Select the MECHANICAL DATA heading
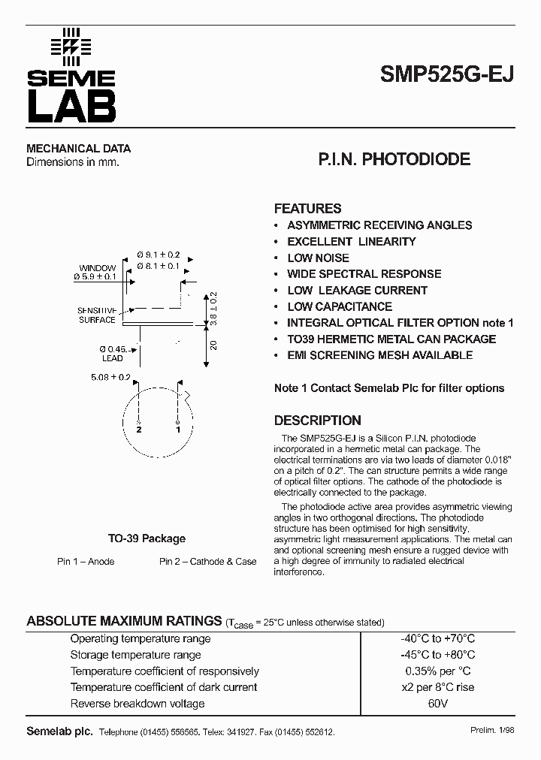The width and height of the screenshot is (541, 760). pos(78,149)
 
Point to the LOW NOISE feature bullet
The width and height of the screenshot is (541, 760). pos(318,258)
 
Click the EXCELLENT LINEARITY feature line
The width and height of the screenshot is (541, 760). pos(351,241)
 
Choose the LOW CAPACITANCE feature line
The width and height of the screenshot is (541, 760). pos(340,306)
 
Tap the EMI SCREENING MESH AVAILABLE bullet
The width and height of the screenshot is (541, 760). pos(379,355)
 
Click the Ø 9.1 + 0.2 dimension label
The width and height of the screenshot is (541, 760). pos(158,255)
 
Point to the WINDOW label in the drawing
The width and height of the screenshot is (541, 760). pos(98,268)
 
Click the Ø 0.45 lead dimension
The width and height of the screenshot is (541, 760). pos(113,348)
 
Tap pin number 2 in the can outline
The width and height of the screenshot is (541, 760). pos(139,430)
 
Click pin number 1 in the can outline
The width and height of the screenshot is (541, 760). pos(178,430)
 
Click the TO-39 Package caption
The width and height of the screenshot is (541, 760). pos(147,538)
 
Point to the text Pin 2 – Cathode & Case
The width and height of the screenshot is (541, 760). pos(207,562)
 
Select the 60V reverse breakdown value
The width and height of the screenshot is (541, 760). pos(437,704)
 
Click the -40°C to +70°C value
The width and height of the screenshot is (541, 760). pos(437,638)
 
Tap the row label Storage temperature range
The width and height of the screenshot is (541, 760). pos(135,655)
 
